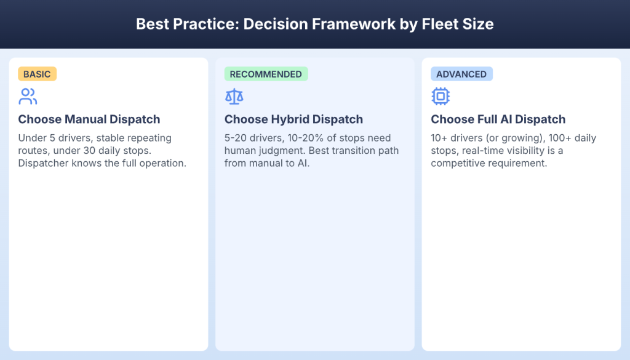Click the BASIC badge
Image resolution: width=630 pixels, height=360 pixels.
point(37,74)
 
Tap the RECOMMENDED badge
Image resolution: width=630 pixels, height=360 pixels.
point(266,74)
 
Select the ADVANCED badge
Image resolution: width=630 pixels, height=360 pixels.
point(461,74)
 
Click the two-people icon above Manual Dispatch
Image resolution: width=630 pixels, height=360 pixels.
point(28,96)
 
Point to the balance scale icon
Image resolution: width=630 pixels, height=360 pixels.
point(234,96)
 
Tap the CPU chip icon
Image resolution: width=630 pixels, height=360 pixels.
point(441,96)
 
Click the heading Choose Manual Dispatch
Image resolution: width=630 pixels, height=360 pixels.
point(89,119)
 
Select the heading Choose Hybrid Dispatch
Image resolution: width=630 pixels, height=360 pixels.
point(293,119)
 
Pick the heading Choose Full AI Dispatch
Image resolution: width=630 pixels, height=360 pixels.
point(498,119)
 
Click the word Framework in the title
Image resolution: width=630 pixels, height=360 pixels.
point(349,25)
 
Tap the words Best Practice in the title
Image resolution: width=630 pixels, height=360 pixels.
point(185,25)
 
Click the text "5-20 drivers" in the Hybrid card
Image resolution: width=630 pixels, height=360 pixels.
point(253,138)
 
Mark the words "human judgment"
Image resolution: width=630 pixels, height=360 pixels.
point(258,151)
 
